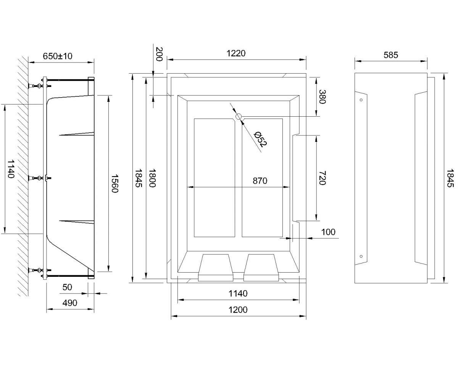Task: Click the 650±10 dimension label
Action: tap(58, 56)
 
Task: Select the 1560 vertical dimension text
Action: tap(115, 183)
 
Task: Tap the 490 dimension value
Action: tap(70, 303)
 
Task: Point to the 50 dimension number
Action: tap(67, 287)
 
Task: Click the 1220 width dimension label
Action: tap(236, 53)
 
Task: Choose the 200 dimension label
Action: tap(159, 54)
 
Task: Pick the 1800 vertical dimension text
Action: tap(152, 178)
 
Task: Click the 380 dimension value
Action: tap(323, 97)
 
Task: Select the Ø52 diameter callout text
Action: tap(261, 139)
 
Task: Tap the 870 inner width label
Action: tap(260, 181)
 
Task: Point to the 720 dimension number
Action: tap(323, 178)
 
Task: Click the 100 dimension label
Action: tap(328, 232)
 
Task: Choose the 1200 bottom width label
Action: tap(238, 310)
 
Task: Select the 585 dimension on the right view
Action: tap(391, 55)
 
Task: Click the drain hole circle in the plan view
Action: tap(239, 117)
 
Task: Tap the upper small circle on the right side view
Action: tap(361, 100)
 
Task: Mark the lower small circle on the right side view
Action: tap(361, 256)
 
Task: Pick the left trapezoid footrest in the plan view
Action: tap(216, 268)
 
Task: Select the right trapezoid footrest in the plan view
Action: tap(261, 268)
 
